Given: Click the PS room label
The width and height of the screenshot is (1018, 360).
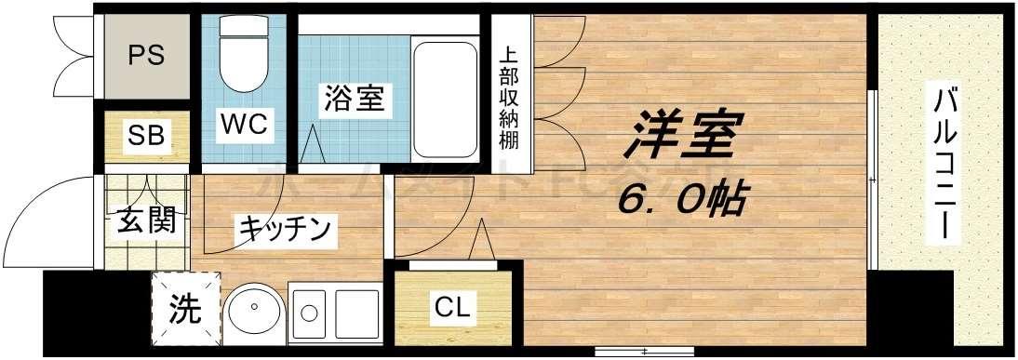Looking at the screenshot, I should (146, 55).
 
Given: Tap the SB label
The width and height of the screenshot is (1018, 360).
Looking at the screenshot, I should (146, 136).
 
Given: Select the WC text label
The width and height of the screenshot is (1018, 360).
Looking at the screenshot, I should (245, 123).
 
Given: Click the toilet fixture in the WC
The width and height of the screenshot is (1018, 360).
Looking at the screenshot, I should (245, 56).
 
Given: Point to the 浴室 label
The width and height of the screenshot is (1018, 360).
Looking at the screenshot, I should (354, 98).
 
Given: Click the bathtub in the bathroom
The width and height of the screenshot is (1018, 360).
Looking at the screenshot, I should (444, 98).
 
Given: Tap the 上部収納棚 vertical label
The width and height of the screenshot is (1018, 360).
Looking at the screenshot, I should (510, 98).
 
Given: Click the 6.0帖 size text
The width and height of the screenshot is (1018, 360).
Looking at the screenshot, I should (684, 197).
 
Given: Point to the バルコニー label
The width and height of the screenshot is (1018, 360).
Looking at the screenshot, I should (944, 163).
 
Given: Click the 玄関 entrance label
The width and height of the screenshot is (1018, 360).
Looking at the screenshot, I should (146, 223).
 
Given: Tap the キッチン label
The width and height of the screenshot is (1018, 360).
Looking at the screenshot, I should (285, 228).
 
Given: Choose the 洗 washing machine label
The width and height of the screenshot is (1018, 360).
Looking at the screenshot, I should (185, 310).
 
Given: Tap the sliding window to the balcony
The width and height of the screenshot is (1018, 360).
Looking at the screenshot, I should (873, 177).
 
